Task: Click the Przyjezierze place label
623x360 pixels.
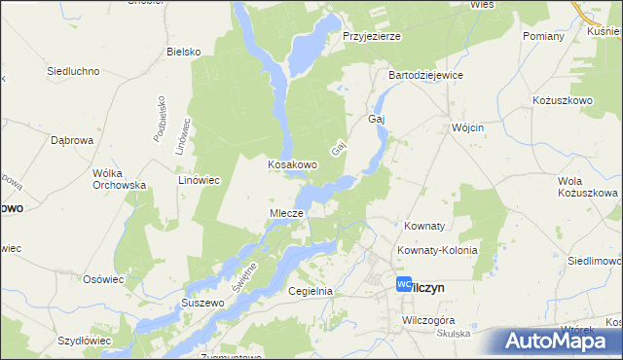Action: (x=372, y=36)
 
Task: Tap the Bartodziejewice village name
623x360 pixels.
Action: (x=425, y=75)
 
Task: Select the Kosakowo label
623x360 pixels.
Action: (x=293, y=165)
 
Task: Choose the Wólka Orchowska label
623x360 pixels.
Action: (x=119, y=178)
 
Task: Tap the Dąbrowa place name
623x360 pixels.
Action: (x=71, y=140)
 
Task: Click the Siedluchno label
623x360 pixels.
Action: (x=76, y=71)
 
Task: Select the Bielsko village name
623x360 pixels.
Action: (x=183, y=52)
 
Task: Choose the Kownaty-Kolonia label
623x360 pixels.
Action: (x=437, y=250)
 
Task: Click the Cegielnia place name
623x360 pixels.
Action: (x=311, y=291)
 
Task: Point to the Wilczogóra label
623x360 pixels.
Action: (x=429, y=319)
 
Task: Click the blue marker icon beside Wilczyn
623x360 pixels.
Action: (x=404, y=284)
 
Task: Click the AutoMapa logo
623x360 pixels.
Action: (x=558, y=341)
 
